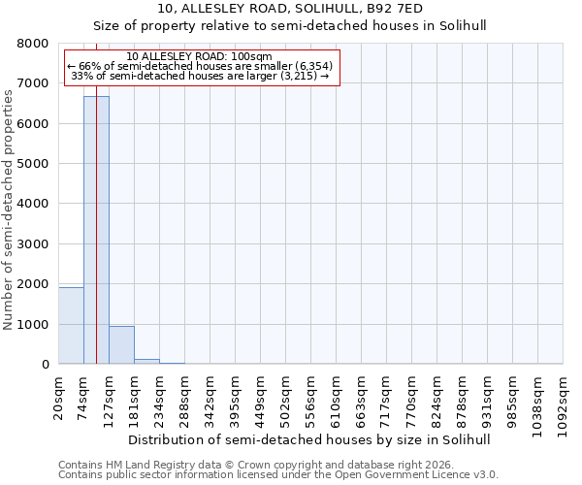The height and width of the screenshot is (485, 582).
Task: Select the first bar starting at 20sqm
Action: tap(71, 326)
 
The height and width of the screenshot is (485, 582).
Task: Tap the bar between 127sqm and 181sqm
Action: tap(121, 345)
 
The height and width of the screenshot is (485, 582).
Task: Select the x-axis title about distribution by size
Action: tap(309, 439)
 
